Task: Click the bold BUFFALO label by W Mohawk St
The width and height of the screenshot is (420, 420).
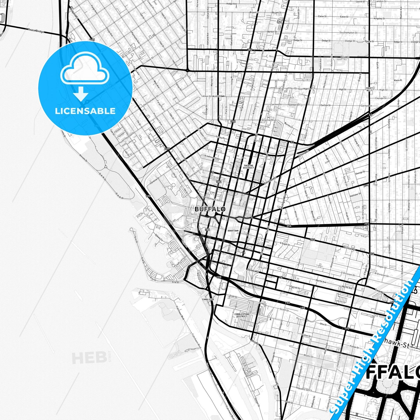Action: (210, 209)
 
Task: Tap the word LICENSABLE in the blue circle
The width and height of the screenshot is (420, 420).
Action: (85, 111)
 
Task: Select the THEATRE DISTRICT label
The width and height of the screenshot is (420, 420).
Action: (249, 167)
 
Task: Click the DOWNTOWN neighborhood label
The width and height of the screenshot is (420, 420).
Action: (233, 231)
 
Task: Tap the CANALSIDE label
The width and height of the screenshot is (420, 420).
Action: (208, 299)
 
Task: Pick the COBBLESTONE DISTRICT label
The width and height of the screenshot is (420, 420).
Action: (242, 315)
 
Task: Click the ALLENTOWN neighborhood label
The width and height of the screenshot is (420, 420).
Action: (218, 96)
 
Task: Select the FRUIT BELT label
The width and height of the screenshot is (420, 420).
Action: (369, 89)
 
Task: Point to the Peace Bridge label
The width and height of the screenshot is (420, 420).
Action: (36, 30)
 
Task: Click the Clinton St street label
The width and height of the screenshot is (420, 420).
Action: (349, 249)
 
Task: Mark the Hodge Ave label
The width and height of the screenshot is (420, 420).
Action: (232, 4)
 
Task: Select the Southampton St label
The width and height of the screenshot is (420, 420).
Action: (348, 33)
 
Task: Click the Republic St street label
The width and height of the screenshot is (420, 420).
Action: (302, 389)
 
